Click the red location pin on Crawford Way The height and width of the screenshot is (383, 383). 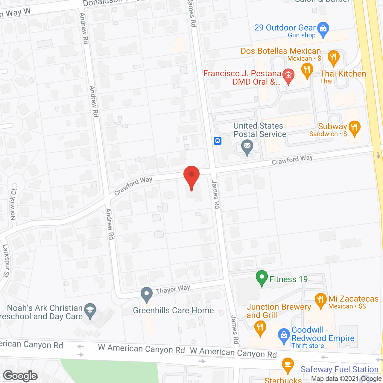191,175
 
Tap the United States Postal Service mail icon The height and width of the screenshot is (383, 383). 247,147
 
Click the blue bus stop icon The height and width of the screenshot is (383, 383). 218,141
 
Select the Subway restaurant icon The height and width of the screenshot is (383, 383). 354,128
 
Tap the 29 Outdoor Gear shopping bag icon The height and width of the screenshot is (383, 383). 323,29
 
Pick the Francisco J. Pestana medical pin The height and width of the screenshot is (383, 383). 288,76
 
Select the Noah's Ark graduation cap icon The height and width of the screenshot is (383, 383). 90,310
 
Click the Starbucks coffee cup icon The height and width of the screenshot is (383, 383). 288,364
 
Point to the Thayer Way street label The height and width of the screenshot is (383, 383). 173,290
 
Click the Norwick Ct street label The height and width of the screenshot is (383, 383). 13,204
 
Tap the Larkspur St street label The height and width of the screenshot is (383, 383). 6,261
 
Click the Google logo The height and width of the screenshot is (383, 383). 20,376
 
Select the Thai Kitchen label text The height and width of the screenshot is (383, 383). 343,74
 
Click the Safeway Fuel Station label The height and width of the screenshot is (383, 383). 340,370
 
